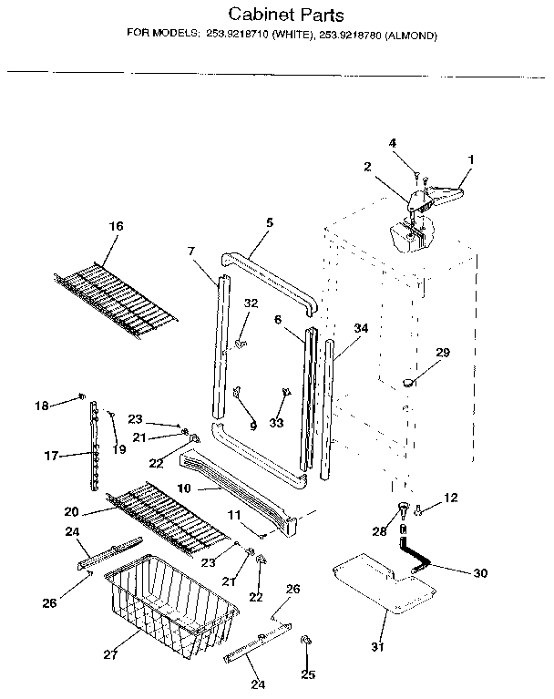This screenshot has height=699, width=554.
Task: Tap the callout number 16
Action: [x=116, y=226]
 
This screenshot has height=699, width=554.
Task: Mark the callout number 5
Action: [x=270, y=221]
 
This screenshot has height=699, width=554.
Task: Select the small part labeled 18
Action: [x=82, y=396]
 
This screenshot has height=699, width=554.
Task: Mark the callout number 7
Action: [x=191, y=250]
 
